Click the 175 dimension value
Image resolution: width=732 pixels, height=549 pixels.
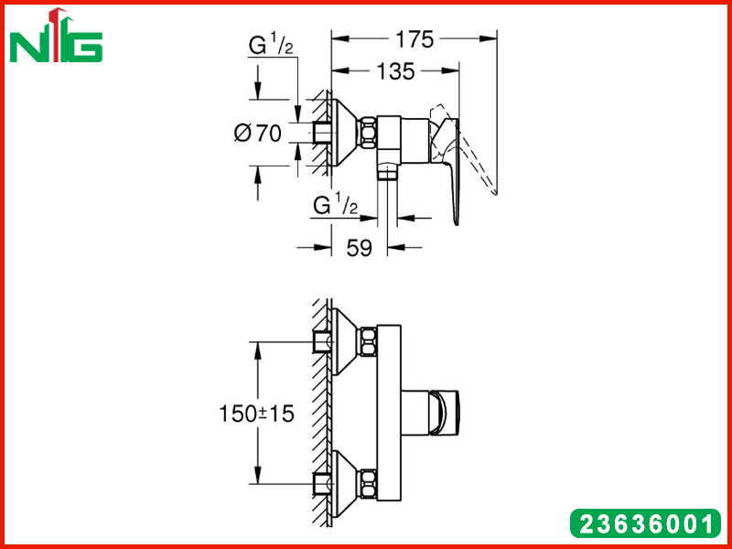point(414,39)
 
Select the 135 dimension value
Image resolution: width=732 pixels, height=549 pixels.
point(395,71)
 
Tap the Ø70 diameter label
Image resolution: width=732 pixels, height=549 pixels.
point(258,134)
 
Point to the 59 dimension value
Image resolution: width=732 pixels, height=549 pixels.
point(359,248)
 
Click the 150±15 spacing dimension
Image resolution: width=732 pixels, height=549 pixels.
point(257,414)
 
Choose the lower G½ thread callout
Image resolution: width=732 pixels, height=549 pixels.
point(336,206)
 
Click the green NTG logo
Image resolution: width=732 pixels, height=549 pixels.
point(56,35)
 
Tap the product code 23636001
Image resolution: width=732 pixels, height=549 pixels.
point(646,523)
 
